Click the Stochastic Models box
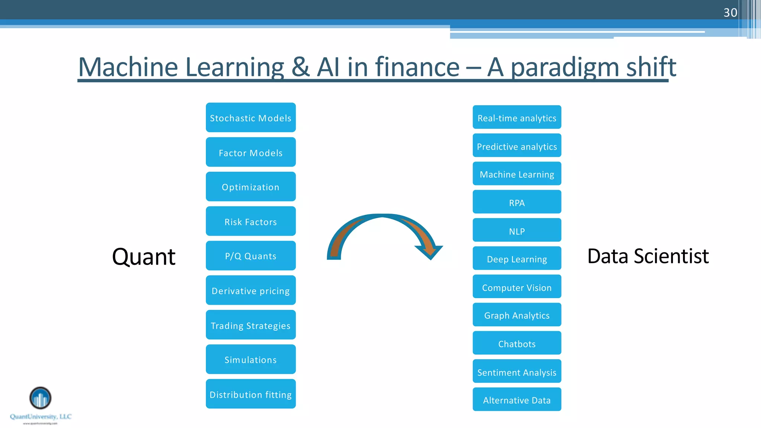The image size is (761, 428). pyautogui.click(x=250, y=118)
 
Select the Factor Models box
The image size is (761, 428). pyautogui.click(x=250, y=152)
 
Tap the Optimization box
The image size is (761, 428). pyautogui.click(x=250, y=187)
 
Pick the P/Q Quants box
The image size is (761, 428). pyautogui.click(x=250, y=256)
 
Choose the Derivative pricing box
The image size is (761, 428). pyautogui.click(x=250, y=291)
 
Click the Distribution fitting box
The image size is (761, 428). pyautogui.click(x=250, y=394)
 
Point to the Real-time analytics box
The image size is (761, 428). pyautogui.click(x=516, y=117)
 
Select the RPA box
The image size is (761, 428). pyautogui.click(x=516, y=202)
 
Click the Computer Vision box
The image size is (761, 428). pyautogui.click(x=516, y=287)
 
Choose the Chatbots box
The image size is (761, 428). pyautogui.click(x=516, y=343)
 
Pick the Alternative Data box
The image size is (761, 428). pyautogui.click(x=516, y=400)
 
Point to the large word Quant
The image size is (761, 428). pyautogui.click(x=143, y=256)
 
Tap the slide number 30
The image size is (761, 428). pyautogui.click(x=730, y=13)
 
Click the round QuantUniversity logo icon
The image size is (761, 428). pyautogui.click(x=40, y=398)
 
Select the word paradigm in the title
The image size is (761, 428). pyautogui.click(x=565, y=68)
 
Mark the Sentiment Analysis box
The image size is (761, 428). pyautogui.click(x=516, y=372)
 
